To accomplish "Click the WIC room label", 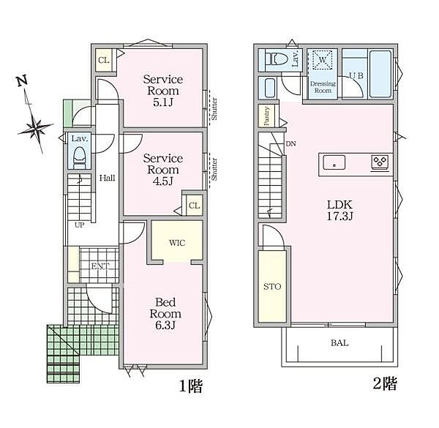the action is (177, 243).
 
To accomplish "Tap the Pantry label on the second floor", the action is (266, 116).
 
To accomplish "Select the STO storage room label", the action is (272, 286).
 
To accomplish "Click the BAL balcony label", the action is (339, 342).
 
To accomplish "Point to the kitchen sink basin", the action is (334, 162).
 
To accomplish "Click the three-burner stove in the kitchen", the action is (380, 162).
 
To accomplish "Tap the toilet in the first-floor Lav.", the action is (79, 158).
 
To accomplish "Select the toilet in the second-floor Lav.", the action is (277, 59).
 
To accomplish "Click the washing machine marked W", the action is (323, 59).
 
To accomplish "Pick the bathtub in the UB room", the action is (380, 74).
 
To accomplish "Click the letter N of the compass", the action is (22, 81).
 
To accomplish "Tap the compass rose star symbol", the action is (36, 128).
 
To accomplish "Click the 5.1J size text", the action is (163, 102).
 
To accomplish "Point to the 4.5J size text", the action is (163, 181).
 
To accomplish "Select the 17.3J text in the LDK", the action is (340, 216).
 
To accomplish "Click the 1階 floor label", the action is (191, 386).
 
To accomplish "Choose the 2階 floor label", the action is (385, 383).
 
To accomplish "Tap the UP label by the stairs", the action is (79, 225).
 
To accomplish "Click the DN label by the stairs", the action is (291, 144).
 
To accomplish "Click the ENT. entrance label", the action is (100, 266).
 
